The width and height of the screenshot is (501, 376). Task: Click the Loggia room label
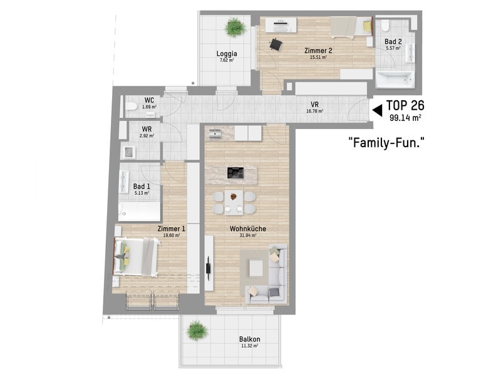[x=227, y=54]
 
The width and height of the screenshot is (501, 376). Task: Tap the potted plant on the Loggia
[x=235, y=27]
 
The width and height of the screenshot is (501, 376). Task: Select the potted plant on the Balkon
[x=196, y=330]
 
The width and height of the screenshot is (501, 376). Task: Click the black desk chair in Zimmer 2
[x=276, y=44]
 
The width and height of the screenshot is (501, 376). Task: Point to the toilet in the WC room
[x=131, y=106]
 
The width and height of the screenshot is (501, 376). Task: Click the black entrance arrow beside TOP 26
[x=378, y=110]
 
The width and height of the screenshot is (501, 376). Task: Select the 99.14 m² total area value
[x=405, y=118]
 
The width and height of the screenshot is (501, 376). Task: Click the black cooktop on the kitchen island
[x=235, y=173]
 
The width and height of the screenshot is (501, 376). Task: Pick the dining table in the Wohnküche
[x=234, y=202]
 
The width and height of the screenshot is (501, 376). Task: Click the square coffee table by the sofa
[x=256, y=268]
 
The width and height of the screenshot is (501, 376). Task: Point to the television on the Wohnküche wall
[x=209, y=268]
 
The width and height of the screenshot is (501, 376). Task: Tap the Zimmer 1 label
[x=171, y=229]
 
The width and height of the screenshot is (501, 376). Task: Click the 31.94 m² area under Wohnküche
[x=248, y=236]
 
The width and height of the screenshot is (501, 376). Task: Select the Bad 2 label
[x=393, y=41]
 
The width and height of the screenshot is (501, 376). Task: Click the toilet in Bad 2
[x=385, y=26]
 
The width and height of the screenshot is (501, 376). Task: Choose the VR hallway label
[x=315, y=105]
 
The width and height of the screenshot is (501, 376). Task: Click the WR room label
[x=147, y=129]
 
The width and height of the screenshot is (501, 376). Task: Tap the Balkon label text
[x=249, y=339]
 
